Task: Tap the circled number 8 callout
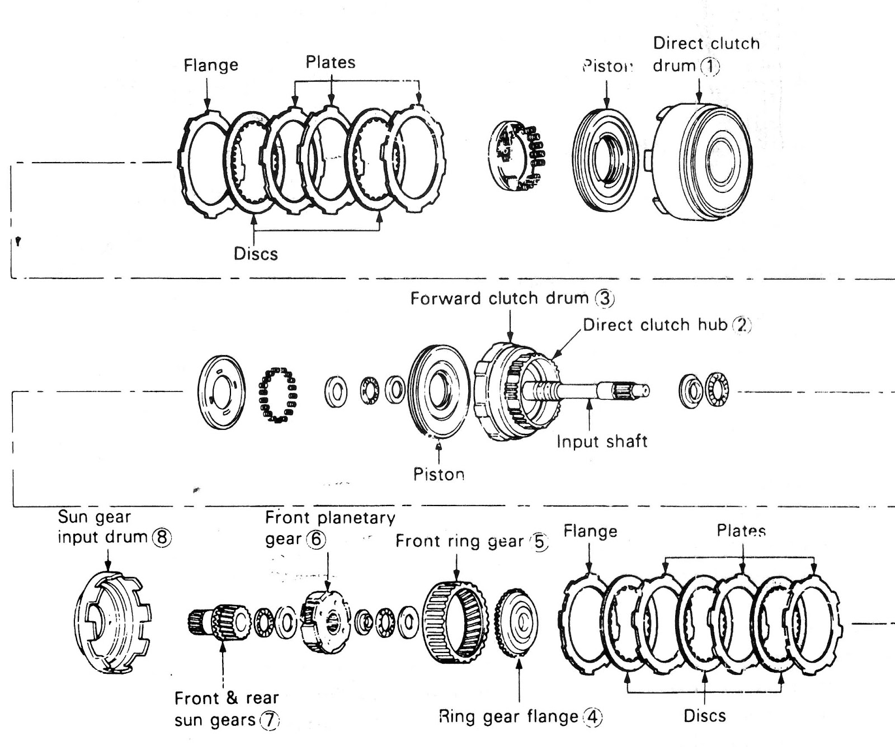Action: pyautogui.click(x=162, y=538)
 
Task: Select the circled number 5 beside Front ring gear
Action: pyautogui.click(x=540, y=542)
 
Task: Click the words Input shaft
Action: pyautogui.click(x=602, y=442)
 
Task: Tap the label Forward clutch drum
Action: pyautogui.click(x=499, y=299)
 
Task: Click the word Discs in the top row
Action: pyautogui.click(x=256, y=254)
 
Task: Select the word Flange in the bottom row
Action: pyautogui.click(x=590, y=531)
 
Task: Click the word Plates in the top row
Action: pyautogui.click(x=331, y=63)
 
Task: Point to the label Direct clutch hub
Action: pyautogui.click(x=654, y=325)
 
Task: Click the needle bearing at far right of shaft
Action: pyautogui.click(x=717, y=389)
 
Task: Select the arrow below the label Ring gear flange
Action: pyautogui.click(x=520, y=677)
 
